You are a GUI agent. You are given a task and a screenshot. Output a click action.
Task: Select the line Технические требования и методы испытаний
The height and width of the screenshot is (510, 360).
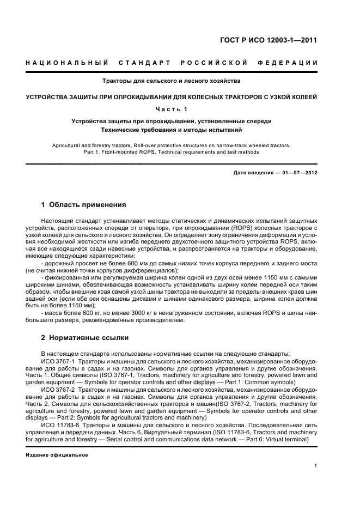point(172,130)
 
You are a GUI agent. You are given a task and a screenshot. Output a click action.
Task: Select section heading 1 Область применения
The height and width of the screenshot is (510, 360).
point(84,205)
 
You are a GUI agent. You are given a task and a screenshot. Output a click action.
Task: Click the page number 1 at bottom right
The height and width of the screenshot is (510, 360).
point(316,466)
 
